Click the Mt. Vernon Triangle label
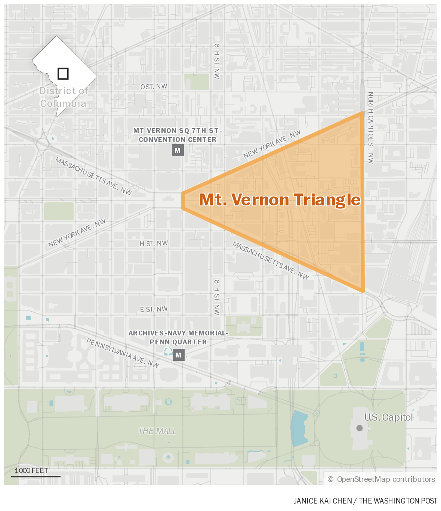coord(280,199)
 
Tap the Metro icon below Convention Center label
coord(178,151)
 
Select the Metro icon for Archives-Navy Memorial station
coord(178,355)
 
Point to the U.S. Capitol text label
coord(389,417)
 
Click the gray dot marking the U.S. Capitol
coord(360,428)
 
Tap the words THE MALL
coord(157,431)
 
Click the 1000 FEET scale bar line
coord(36,477)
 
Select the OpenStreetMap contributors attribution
coord(381,479)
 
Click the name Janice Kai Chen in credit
coord(323,501)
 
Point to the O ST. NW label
coord(154,87)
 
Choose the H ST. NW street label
coord(154,244)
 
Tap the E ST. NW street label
coord(154,309)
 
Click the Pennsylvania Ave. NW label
coord(123,353)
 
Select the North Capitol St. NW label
coord(370,128)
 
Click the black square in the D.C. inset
coord(63,74)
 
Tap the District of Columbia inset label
coord(64,97)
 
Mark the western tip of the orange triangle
coord(183,200)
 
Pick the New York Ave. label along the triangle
coord(272,144)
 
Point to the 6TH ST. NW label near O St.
coord(217,61)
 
